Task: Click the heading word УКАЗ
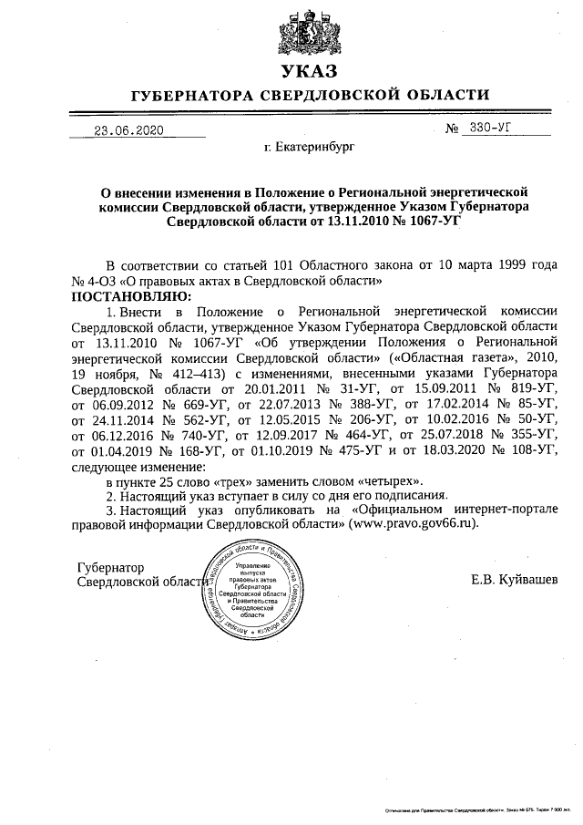click(x=310, y=71)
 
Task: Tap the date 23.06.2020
click(x=129, y=130)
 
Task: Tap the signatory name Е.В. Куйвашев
click(x=516, y=580)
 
